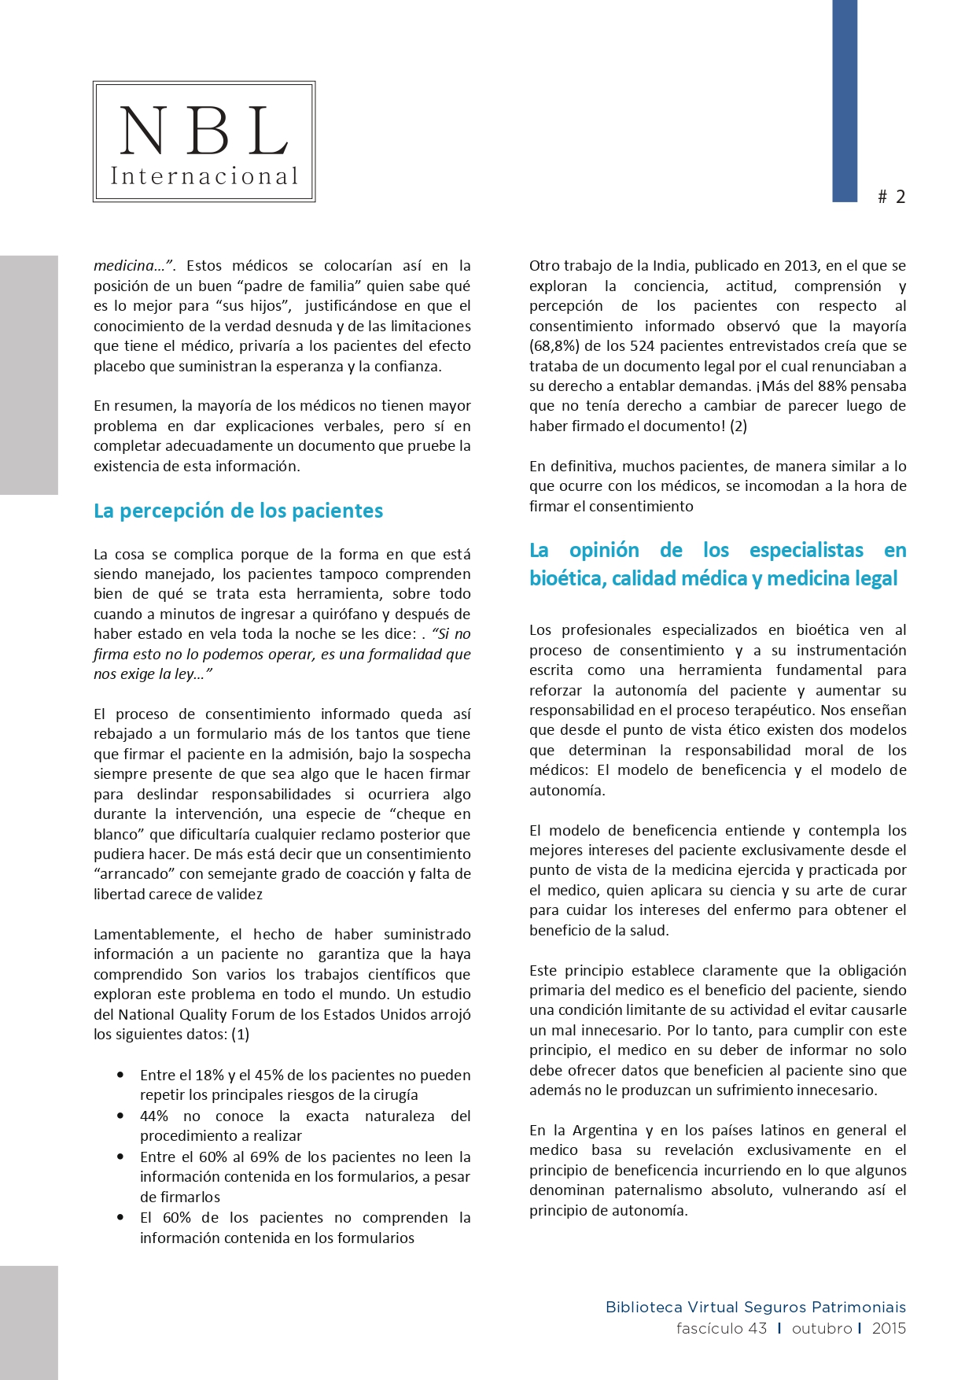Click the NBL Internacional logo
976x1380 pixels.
[204, 142]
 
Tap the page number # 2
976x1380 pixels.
[892, 197]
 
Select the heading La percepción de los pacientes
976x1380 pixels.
[238, 511]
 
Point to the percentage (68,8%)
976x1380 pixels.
[554, 346]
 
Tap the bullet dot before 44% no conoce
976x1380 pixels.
[120, 1116]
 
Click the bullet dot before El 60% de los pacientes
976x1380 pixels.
[120, 1217]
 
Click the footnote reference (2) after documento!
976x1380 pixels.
[738, 426]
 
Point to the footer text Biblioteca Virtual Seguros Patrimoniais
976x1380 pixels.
[755, 1308]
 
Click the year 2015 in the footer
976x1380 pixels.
[889, 1329]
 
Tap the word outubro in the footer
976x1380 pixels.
[822, 1329]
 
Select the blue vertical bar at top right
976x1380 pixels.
[845, 101]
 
